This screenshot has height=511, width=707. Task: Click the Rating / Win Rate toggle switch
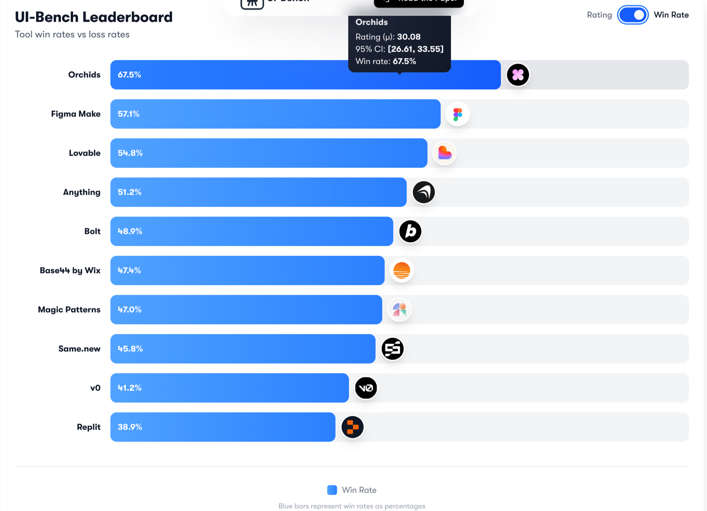pyautogui.click(x=632, y=15)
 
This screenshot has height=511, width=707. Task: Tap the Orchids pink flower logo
pyautogui.click(x=517, y=75)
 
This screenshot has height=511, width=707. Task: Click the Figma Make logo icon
pyautogui.click(x=457, y=114)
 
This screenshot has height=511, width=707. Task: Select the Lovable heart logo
pyautogui.click(x=444, y=153)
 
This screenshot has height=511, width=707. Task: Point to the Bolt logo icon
pyautogui.click(x=410, y=231)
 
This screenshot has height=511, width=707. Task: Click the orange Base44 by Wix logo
pyautogui.click(x=402, y=271)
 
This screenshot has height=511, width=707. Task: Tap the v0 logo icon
pyautogui.click(x=366, y=388)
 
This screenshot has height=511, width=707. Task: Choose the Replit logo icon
pyautogui.click(x=352, y=427)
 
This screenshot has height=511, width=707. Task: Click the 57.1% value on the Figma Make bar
pyautogui.click(x=129, y=114)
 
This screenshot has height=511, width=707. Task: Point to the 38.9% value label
pyautogui.click(x=130, y=427)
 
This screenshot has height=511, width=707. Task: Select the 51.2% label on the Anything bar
pyautogui.click(x=130, y=192)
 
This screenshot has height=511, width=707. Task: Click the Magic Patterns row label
pyautogui.click(x=69, y=310)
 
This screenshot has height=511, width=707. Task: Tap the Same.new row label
pyautogui.click(x=79, y=349)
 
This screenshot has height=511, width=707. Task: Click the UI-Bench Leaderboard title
pyautogui.click(x=94, y=17)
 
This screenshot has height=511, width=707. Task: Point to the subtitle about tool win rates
pyautogui.click(x=72, y=34)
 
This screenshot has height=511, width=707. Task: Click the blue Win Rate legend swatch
pyautogui.click(x=332, y=490)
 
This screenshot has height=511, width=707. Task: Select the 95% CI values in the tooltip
pyautogui.click(x=416, y=49)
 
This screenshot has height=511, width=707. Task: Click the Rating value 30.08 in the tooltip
pyautogui.click(x=408, y=37)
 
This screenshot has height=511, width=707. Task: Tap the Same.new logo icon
pyautogui.click(x=392, y=349)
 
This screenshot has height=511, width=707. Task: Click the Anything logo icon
pyautogui.click(x=423, y=192)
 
